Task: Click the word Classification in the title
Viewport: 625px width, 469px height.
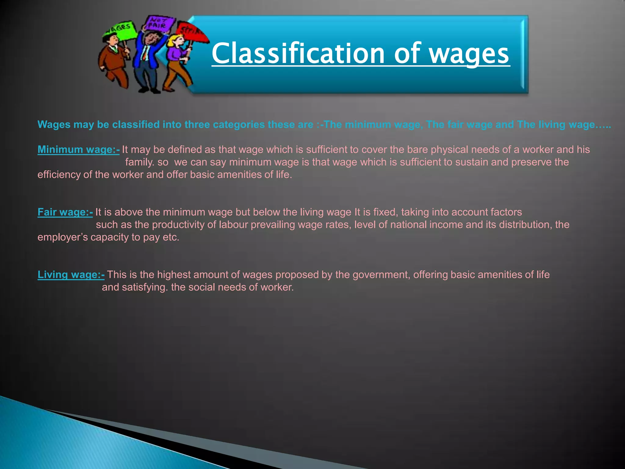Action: point(298,54)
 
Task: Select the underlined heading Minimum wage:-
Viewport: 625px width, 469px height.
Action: point(78,150)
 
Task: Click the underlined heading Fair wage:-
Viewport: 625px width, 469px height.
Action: point(65,212)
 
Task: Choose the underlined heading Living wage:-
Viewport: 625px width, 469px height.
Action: point(71,275)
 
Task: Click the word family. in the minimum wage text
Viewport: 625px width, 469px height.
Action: point(140,162)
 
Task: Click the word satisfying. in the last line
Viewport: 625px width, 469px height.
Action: point(145,287)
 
